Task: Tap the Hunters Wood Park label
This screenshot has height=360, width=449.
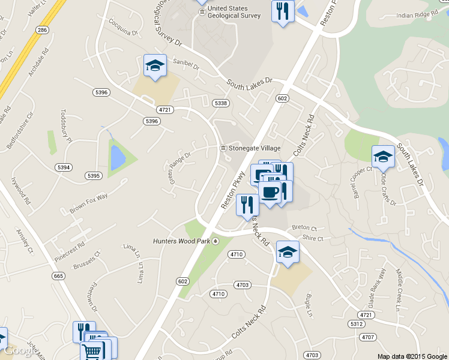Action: [181, 241]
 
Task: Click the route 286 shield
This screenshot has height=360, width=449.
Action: [42, 29]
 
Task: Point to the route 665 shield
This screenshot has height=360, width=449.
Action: [58, 276]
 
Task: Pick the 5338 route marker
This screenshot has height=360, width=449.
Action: [221, 103]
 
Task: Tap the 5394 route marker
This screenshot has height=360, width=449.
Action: [62, 167]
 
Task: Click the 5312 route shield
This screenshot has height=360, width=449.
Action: [357, 323]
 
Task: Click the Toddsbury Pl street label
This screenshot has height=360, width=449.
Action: [65, 126]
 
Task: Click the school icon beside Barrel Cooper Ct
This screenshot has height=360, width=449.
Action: [383, 157]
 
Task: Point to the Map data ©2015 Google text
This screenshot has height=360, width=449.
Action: [412, 356]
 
